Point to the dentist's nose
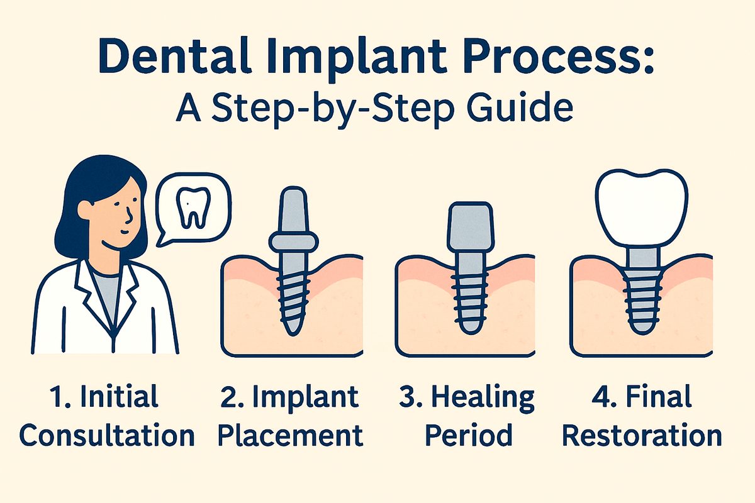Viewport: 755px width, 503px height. tap(130, 217)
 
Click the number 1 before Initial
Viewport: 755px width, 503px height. tap(55, 398)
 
